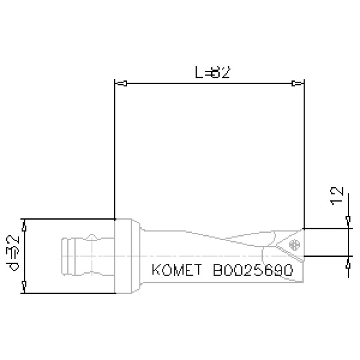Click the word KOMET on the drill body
(176, 271)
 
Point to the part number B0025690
(253, 271)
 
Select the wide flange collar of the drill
(126, 256)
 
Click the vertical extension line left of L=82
(115, 150)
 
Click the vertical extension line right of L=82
(304, 150)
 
